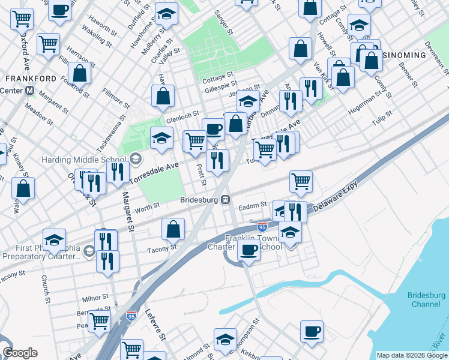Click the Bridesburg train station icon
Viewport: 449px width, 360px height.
click(x=226, y=199)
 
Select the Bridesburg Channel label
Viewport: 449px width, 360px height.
click(x=426, y=299)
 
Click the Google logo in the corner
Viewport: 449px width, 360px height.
click(x=20, y=353)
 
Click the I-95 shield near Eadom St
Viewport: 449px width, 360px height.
click(x=262, y=227)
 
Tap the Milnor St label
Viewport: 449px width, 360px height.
click(x=95, y=298)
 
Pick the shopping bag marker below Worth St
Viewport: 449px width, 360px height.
click(x=173, y=229)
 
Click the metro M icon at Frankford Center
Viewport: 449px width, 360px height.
click(x=29, y=91)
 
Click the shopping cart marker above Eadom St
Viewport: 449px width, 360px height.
click(x=301, y=181)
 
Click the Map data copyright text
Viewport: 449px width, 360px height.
click(x=412, y=355)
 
